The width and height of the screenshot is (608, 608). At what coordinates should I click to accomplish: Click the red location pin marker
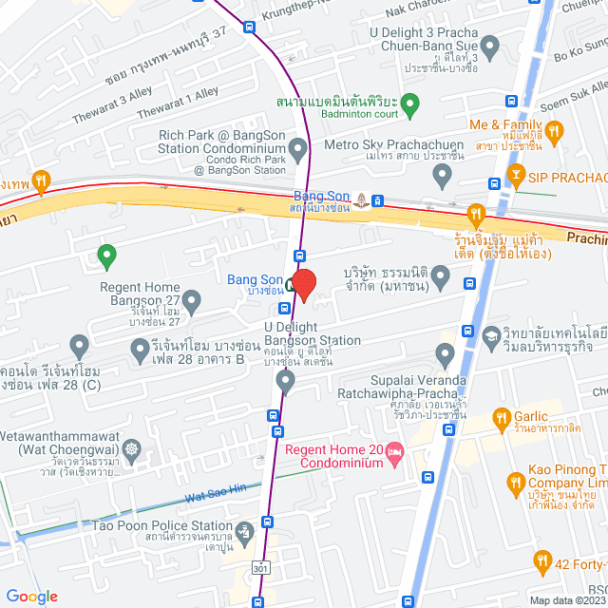pyautogui.click(x=303, y=285)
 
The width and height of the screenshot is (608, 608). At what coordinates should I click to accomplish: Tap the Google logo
pyautogui.click(x=31, y=596)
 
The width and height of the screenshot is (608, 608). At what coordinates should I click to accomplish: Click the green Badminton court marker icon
pyautogui.click(x=409, y=103)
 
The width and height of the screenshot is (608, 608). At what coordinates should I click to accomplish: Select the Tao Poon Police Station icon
pyautogui.click(x=246, y=530)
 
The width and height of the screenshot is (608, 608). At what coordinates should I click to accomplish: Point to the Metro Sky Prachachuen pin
pyautogui.click(x=441, y=175)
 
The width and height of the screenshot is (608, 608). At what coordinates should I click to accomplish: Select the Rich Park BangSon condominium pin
pyautogui.click(x=297, y=149)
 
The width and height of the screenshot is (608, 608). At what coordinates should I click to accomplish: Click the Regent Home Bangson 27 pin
pyautogui.click(x=192, y=303)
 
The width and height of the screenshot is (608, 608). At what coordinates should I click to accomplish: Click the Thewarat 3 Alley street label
pyautogui.click(x=108, y=110)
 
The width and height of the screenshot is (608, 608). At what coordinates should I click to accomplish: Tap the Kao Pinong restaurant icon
pyautogui.click(x=515, y=483)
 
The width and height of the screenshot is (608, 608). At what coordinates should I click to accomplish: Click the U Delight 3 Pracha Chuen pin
pyautogui.click(x=490, y=45)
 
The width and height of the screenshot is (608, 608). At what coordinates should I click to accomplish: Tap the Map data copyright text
pyautogui.click(x=566, y=599)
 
